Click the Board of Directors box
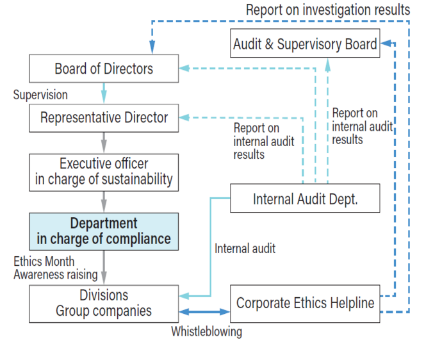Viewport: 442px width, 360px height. coord(104,69)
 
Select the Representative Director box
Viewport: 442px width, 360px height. coord(104,118)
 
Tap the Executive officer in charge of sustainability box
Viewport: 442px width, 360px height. coord(104,172)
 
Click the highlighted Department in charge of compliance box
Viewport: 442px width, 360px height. coord(104,231)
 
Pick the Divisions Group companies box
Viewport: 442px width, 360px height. coord(104,304)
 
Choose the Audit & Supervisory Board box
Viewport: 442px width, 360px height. coord(305,43)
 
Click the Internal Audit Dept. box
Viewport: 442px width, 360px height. coord(305,198)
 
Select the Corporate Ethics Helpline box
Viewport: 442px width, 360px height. coord(305,304)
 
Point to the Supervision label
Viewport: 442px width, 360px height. coord(40,95)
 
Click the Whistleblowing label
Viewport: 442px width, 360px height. coord(207,332)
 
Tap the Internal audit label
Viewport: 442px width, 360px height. coord(245,249)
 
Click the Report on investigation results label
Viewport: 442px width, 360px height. coord(328,10)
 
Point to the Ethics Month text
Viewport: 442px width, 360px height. coord(44,261)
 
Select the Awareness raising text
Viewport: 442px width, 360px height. coord(56,275)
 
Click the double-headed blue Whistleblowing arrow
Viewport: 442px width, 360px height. coord(204,311)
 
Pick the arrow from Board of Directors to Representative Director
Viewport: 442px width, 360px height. coord(104,93)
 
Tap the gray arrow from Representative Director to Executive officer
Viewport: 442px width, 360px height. coord(104,143)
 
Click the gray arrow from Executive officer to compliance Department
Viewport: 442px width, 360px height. coord(104,202)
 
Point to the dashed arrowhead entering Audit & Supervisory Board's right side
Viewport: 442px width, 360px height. coord(386,43)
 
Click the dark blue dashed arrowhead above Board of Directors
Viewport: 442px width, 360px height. coord(152,47)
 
